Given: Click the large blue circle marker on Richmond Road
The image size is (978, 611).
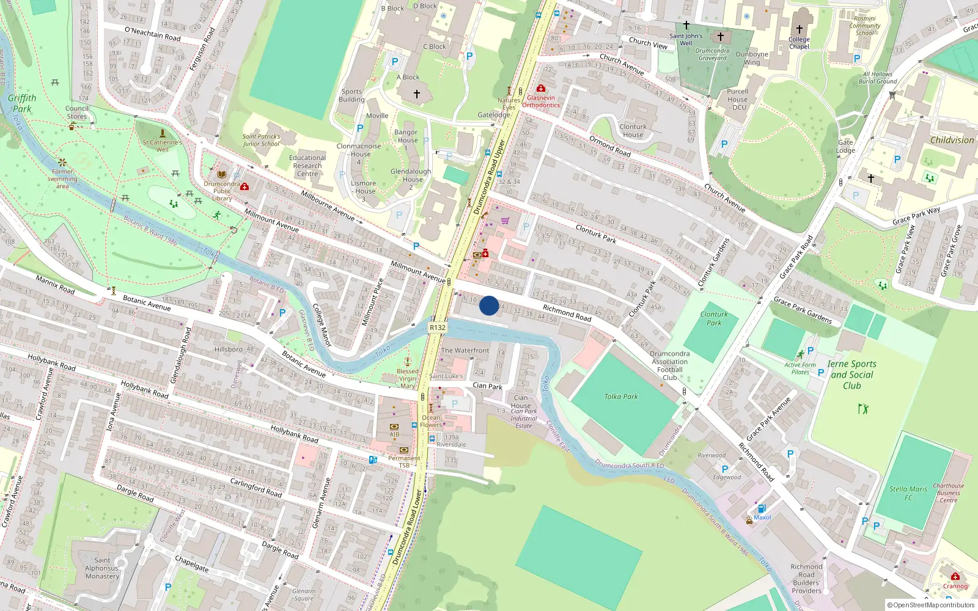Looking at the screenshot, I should click(489, 305).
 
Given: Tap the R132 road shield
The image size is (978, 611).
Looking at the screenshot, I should click(438, 327).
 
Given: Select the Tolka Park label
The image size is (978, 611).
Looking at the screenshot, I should click(621, 397).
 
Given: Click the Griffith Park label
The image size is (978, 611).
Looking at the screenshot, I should click(22, 103).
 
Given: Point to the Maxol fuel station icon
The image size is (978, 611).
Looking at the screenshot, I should click(762, 508).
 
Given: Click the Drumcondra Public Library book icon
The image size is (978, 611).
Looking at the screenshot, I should click(221, 175).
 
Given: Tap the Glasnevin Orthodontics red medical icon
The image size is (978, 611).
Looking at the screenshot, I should click(540, 89).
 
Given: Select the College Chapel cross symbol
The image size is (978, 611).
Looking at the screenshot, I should click(799, 29).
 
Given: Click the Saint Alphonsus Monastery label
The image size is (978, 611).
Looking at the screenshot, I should click(102, 568).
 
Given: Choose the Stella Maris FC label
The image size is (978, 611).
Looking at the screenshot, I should click(908, 493).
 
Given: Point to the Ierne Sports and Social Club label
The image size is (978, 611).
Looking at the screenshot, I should click(852, 375).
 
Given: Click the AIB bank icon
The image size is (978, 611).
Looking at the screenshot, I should click(394, 426).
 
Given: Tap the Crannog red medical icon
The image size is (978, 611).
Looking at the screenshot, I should click(955, 576).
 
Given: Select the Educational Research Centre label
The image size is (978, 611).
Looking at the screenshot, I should click(307, 166).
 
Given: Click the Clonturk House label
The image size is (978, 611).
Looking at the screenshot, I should click(633, 131).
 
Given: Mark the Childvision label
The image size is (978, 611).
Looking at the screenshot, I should click(952, 140).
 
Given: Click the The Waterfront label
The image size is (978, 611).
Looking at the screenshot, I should click(465, 351).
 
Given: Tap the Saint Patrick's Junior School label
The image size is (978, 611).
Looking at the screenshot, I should click(261, 141).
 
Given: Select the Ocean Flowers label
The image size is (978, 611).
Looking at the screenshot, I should click(431, 422).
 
